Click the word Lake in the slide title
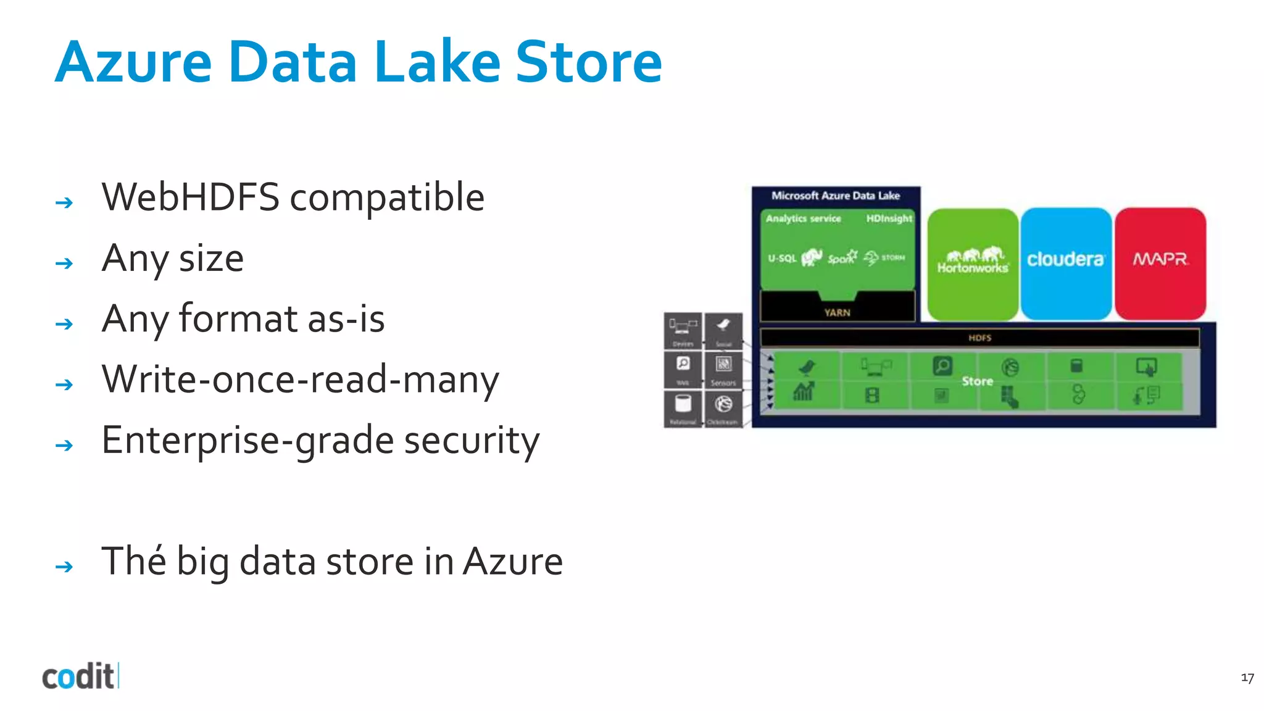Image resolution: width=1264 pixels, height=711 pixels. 437,62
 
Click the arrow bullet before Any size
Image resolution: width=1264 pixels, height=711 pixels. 64,264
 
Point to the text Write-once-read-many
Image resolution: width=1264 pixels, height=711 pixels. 300,380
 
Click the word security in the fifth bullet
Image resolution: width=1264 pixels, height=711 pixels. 472,441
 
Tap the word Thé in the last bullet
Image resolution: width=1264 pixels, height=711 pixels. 133,562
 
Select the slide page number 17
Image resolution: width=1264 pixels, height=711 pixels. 1247,678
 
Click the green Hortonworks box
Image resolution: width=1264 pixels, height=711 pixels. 973,264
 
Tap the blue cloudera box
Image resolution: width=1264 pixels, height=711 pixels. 1065,264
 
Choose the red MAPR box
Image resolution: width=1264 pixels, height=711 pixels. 1160,264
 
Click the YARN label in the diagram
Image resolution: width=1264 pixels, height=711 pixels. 837,313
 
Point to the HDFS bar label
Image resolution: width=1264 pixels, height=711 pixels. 979,338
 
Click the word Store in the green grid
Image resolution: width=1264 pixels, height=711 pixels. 977,381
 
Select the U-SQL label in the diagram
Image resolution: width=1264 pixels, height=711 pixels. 781,258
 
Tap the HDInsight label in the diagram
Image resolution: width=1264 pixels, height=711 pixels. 889,218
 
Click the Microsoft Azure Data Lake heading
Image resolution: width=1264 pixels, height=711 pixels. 836,196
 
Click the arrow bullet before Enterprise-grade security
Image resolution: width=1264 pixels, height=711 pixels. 64,445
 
